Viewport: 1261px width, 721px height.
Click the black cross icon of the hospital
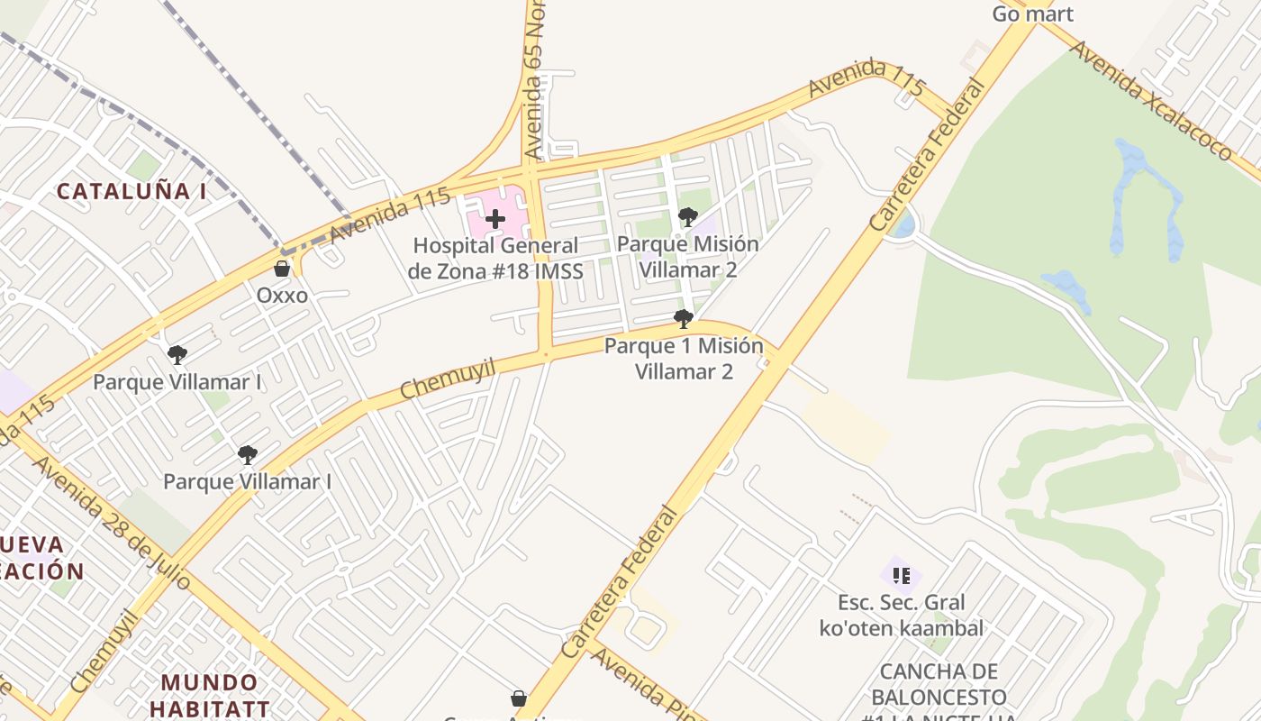click(x=495, y=218)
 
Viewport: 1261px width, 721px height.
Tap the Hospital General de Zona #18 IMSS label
click(x=495, y=258)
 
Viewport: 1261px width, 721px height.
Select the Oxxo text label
click(x=282, y=296)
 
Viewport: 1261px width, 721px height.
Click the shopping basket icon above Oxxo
click(x=282, y=269)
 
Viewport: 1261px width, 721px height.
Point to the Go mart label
click(x=1032, y=14)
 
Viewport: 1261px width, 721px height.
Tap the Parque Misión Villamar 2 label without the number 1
click(x=688, y=257)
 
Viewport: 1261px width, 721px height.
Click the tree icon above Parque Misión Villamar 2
click(x=688, y=217)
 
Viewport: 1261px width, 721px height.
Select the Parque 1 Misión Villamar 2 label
click(x=684, y=359)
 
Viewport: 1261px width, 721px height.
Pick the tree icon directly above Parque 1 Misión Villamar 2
click(x=684, y=318)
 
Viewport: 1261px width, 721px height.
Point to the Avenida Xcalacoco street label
click(x=1151, y=99)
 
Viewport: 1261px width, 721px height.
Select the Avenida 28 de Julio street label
click(x=112, y=522)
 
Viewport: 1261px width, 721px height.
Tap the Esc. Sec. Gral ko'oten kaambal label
click(x=901, y=616)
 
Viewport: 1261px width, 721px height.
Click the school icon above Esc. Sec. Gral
click(x=901, y=575)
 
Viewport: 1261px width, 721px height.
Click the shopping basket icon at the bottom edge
click(x=519, y=698)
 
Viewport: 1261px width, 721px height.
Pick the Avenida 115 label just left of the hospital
click(x=389, y=216)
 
